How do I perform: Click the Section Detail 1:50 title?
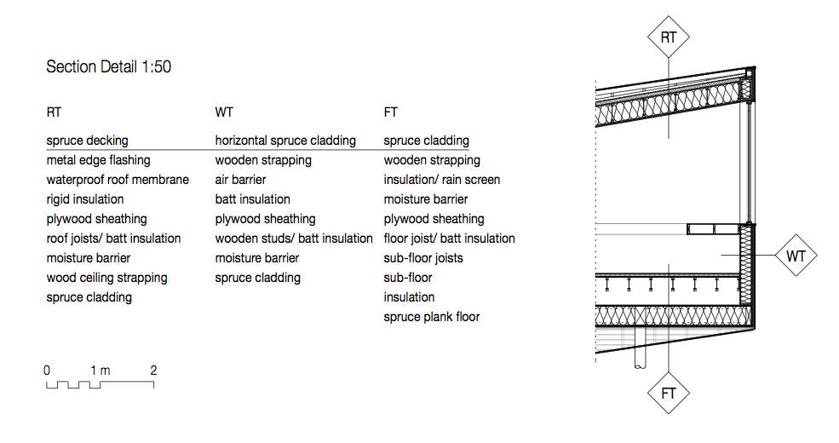(109, 67)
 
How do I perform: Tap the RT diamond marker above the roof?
(669, 37)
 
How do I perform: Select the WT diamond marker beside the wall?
(796, 256)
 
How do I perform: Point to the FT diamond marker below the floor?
(669, 394)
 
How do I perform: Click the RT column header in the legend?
(54, 112)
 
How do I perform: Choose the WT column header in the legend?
(224, 112)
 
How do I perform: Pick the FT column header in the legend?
(391, 112)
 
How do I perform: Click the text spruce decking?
(87, 141)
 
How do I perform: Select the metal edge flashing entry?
(99, 160)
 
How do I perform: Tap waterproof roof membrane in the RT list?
(118, 180)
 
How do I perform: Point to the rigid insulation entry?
(85, 199)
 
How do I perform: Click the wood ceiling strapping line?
(107, 278)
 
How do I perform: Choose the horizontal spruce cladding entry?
(285, 141)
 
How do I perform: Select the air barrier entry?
(240, 180)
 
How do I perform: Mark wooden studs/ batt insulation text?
(294, 239)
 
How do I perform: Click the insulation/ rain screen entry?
(442, 180)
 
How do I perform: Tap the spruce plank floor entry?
(432, 317)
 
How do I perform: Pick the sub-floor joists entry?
(423, 258)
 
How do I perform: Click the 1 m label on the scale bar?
(100, 371)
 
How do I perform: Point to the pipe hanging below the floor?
(640, 348)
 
